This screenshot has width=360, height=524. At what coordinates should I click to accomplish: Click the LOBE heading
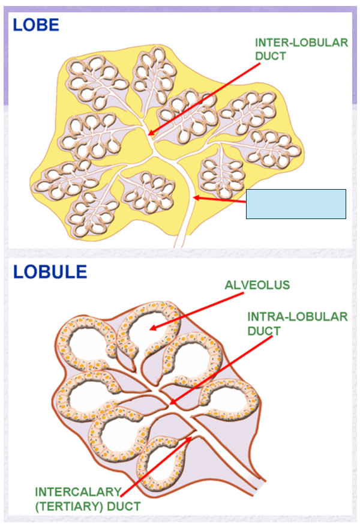[37, 25]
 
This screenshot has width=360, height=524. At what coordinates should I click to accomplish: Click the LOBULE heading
[50, 271]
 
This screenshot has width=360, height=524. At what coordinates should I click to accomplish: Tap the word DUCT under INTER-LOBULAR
[271, 56]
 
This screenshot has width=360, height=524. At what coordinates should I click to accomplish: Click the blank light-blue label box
[296, 204]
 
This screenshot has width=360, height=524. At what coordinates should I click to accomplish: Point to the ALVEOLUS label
[257, 285]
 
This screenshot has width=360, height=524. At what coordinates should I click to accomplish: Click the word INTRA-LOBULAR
[298, 316]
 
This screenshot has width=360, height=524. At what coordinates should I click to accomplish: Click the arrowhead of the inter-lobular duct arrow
[149, 134]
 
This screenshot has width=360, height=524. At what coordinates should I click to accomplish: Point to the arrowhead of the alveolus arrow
[151, 328]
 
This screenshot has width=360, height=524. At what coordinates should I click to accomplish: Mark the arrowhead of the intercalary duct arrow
[190, 438]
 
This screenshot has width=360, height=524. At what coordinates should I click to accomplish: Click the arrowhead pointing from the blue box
[194, 197]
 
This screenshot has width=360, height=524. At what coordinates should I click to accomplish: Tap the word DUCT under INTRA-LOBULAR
[263, 331]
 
